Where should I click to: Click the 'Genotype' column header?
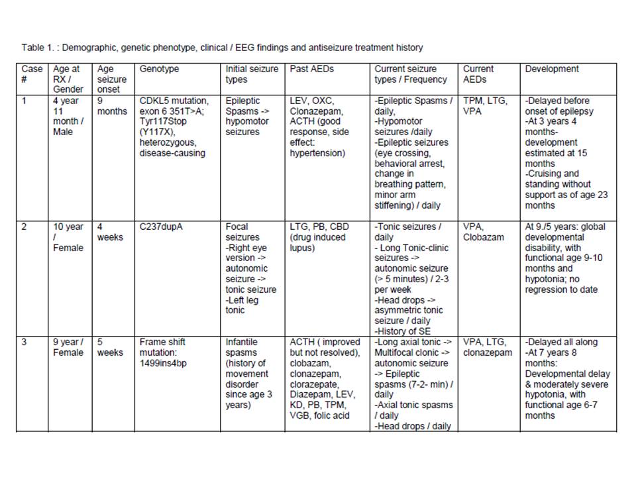159,69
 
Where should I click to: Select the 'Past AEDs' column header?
311,69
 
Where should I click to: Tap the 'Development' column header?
551,69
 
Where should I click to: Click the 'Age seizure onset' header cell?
111,79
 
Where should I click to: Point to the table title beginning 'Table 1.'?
222,48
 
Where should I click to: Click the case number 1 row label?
24,101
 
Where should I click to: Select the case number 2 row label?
24,227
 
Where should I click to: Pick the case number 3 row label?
24,342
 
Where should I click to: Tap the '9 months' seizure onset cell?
112,106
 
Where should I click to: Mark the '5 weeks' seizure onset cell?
110,347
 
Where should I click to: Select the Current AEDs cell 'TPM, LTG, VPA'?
486,106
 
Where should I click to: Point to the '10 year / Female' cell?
68,237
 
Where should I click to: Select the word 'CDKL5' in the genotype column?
154,101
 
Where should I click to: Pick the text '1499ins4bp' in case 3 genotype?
162,363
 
